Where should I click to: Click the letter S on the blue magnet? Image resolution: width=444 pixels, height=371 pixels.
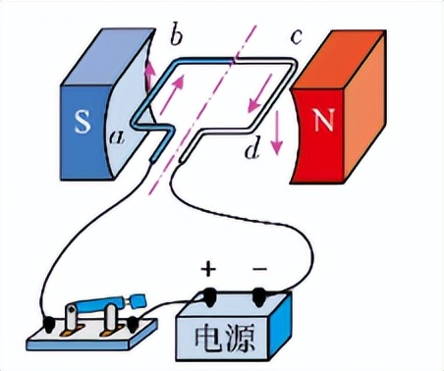(x=81, y=127)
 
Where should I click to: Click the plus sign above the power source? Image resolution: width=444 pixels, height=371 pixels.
(x=208, y=268)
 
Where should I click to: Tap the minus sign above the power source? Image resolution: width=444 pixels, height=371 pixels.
(x=259, y=268)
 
